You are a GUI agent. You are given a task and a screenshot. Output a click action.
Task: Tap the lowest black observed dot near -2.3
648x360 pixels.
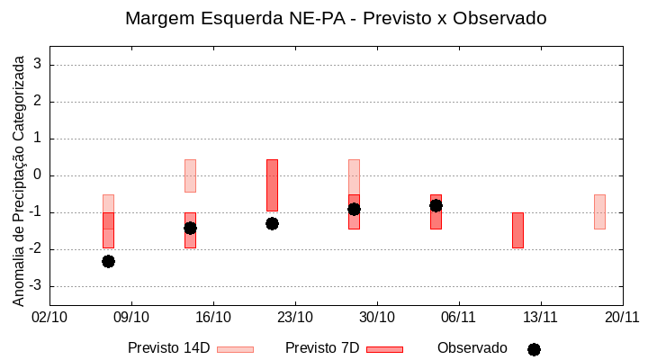pyautogui.click(x=108, y=261)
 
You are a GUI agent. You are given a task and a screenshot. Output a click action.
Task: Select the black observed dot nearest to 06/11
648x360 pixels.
pyautogui.click(x=436, y=205)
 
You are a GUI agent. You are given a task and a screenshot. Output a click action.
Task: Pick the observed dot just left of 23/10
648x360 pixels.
pyautogui.click(x=272, y=223)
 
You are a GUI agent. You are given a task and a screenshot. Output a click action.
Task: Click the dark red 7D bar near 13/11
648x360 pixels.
pyautogui.click(x=517, y=229)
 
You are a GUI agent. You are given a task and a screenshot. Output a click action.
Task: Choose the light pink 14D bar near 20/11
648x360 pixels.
pyautogui.click(x=599, y=211)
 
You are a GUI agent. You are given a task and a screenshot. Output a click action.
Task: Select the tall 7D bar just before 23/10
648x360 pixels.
pyautogui.click(x=272, y=184)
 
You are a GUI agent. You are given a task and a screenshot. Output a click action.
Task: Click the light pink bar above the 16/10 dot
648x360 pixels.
pyautogui.click(x=190, y=175)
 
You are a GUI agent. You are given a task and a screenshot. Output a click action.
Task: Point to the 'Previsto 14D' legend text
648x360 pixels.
pyautogui.click(x=168, y=348)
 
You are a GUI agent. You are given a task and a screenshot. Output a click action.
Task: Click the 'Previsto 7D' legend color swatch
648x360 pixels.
pyautogui.click(x=384, y=349)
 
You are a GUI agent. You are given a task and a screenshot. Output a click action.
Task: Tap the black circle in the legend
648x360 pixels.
pyautogui.click(x=534, y=349)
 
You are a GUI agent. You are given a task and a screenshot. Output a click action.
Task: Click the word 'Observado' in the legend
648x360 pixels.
pyautogui.click(x=472, y=348)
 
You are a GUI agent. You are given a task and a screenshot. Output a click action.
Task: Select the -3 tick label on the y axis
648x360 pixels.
pyautogui.click(x=36, y=286)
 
